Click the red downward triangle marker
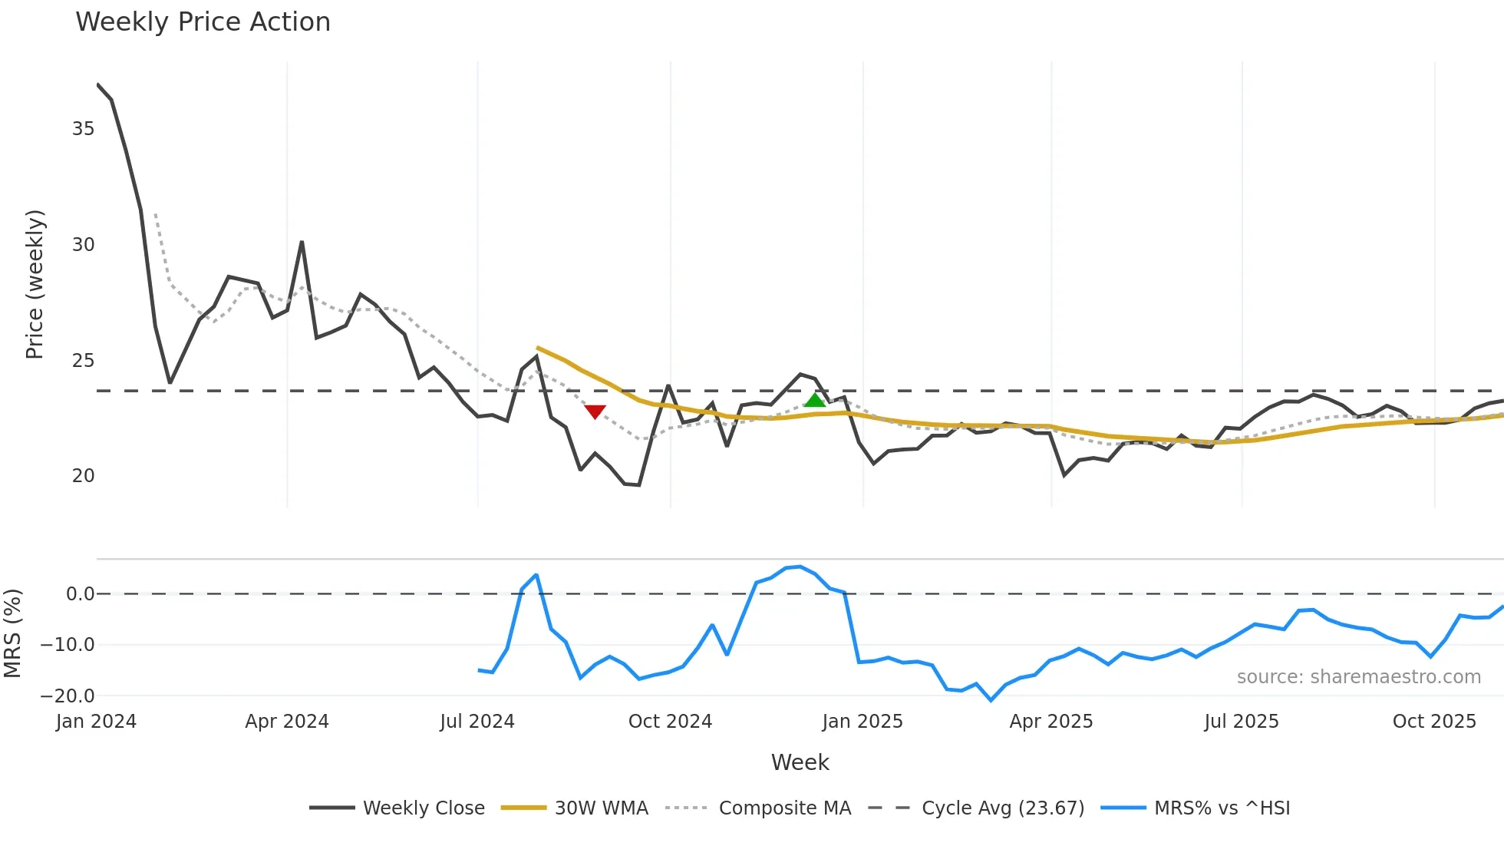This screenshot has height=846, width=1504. pyautogui.click(x=595, y=411)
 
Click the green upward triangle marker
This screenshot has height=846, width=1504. pyautogui.click(x=815, y=400)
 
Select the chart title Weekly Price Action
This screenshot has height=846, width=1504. pyautogui.click(x=203, y=22)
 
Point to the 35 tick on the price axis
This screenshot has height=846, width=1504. pyautogui.click(x=83, y=129)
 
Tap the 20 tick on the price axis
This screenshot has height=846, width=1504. pyautogui.click(x=83, y=476)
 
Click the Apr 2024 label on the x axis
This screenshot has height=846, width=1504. pyautogui.click(x=287, y=722)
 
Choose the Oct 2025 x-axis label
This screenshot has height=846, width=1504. pyautogui.click(x=1433, y=722)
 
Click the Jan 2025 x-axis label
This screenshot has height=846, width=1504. pyautogui.click(x=862, y=722)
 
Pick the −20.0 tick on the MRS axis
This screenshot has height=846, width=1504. pyautogui.click(x=68, y=696)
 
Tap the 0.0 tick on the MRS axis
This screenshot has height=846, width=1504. pyautogui.click(x=80, y=594)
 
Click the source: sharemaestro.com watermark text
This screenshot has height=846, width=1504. pyautogui.click(x=1358, y=677)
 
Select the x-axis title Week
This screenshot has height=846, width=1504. pyautogui.click(x=800, y=762)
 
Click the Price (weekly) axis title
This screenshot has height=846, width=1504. pyautogui.click(x=35, y=284)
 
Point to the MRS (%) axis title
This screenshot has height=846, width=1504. pyautogui.click(x=12, y=633)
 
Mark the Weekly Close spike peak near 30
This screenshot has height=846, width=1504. pyautogui.click(x=302, y=243)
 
